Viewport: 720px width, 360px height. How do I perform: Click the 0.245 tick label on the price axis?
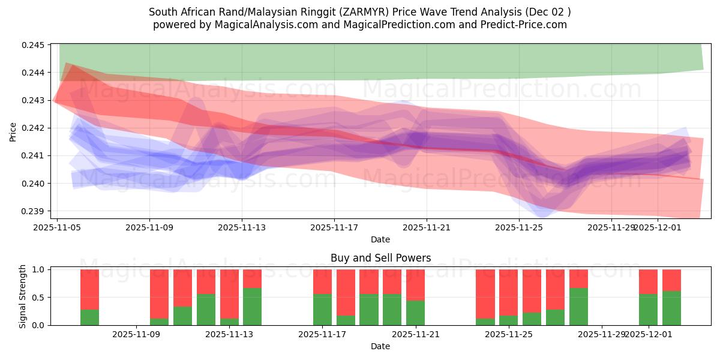tap(35, 45)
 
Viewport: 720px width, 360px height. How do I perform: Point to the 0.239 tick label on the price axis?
tap(35, 211)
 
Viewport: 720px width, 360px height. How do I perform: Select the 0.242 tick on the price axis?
tap(35, 128)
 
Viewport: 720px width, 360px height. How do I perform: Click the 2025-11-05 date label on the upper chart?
tap(57, 228)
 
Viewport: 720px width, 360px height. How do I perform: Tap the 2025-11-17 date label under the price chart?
tap(334, 228)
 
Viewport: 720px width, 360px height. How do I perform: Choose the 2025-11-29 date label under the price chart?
tap(611, 228)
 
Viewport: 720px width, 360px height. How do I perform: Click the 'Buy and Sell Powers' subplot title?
tap(380, 259)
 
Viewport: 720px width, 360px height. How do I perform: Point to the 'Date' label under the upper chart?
tap(380, 239)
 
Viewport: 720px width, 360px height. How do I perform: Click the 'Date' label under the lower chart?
tap(380, 346)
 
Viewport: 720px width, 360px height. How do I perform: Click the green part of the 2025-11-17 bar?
tap(322, 310)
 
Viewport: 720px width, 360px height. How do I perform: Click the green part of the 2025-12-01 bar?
tap(648, 310)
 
